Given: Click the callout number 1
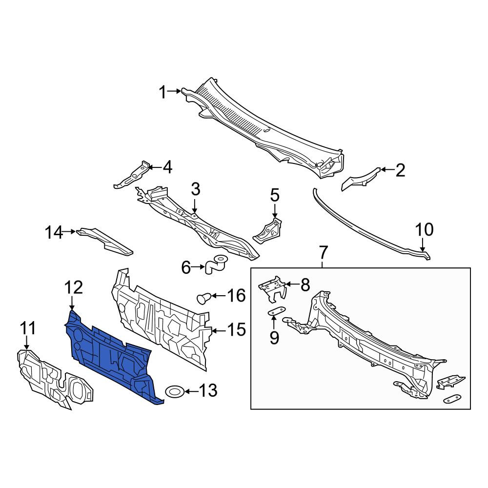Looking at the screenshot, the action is tap(163, 92).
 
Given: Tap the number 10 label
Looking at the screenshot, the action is tap(424, 230).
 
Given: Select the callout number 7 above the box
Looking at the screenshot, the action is tap(323, 253).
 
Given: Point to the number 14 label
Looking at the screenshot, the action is tap(54, 232).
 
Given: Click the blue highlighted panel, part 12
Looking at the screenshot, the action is tap(112, 358).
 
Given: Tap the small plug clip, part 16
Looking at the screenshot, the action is tap(203, 298).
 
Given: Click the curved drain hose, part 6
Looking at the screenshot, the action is tap(214, 264).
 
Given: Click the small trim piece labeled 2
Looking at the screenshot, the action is tap(361, 179).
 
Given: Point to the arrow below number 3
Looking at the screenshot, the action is tap(194, 206).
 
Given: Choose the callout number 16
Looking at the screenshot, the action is tap(236, 295).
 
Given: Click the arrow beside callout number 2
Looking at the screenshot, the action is tap(387, 170).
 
